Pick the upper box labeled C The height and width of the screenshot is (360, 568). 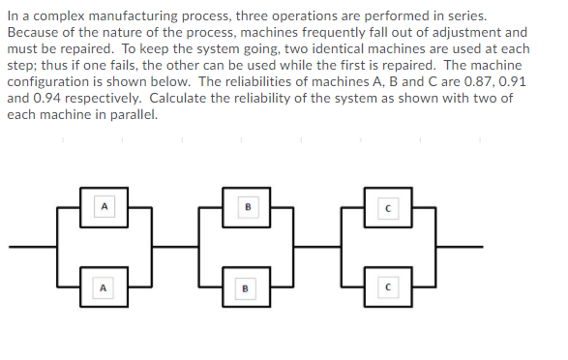(386, 208)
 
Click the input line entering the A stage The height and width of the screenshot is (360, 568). (34, 247)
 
